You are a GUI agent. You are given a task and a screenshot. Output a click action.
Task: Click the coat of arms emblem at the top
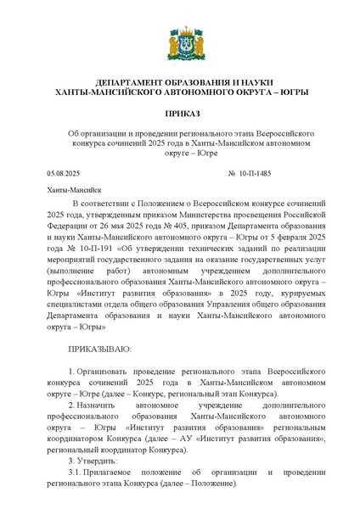click(x=180, y=42)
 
